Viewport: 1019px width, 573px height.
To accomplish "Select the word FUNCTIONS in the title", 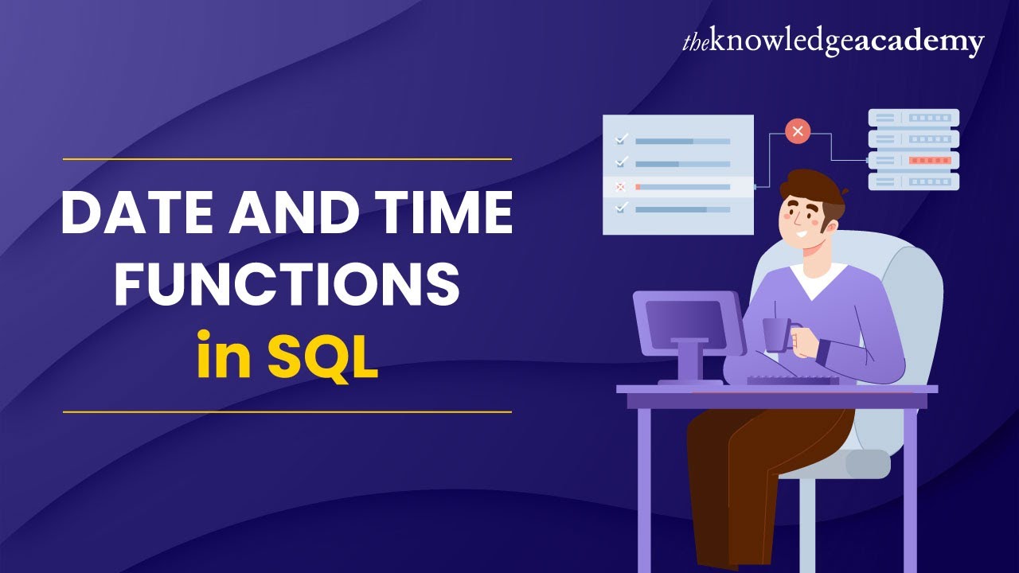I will point(287,285).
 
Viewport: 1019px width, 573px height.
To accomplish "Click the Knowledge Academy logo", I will point(833,42).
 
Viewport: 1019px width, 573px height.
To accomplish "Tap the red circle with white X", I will point(797,131).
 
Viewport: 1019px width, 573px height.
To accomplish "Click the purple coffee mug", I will point(775,334).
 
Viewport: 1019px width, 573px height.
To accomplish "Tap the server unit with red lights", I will point(913,160).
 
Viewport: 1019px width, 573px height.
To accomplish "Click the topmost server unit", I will point(913,118).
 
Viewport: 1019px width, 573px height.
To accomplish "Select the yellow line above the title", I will point(287,159).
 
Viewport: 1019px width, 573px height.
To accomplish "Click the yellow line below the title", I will point(287,412).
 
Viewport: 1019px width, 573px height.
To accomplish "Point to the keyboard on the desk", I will point(792,380).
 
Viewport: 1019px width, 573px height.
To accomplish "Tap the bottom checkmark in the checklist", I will point(622,209).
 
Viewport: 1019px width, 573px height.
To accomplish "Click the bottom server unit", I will point(913,181).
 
